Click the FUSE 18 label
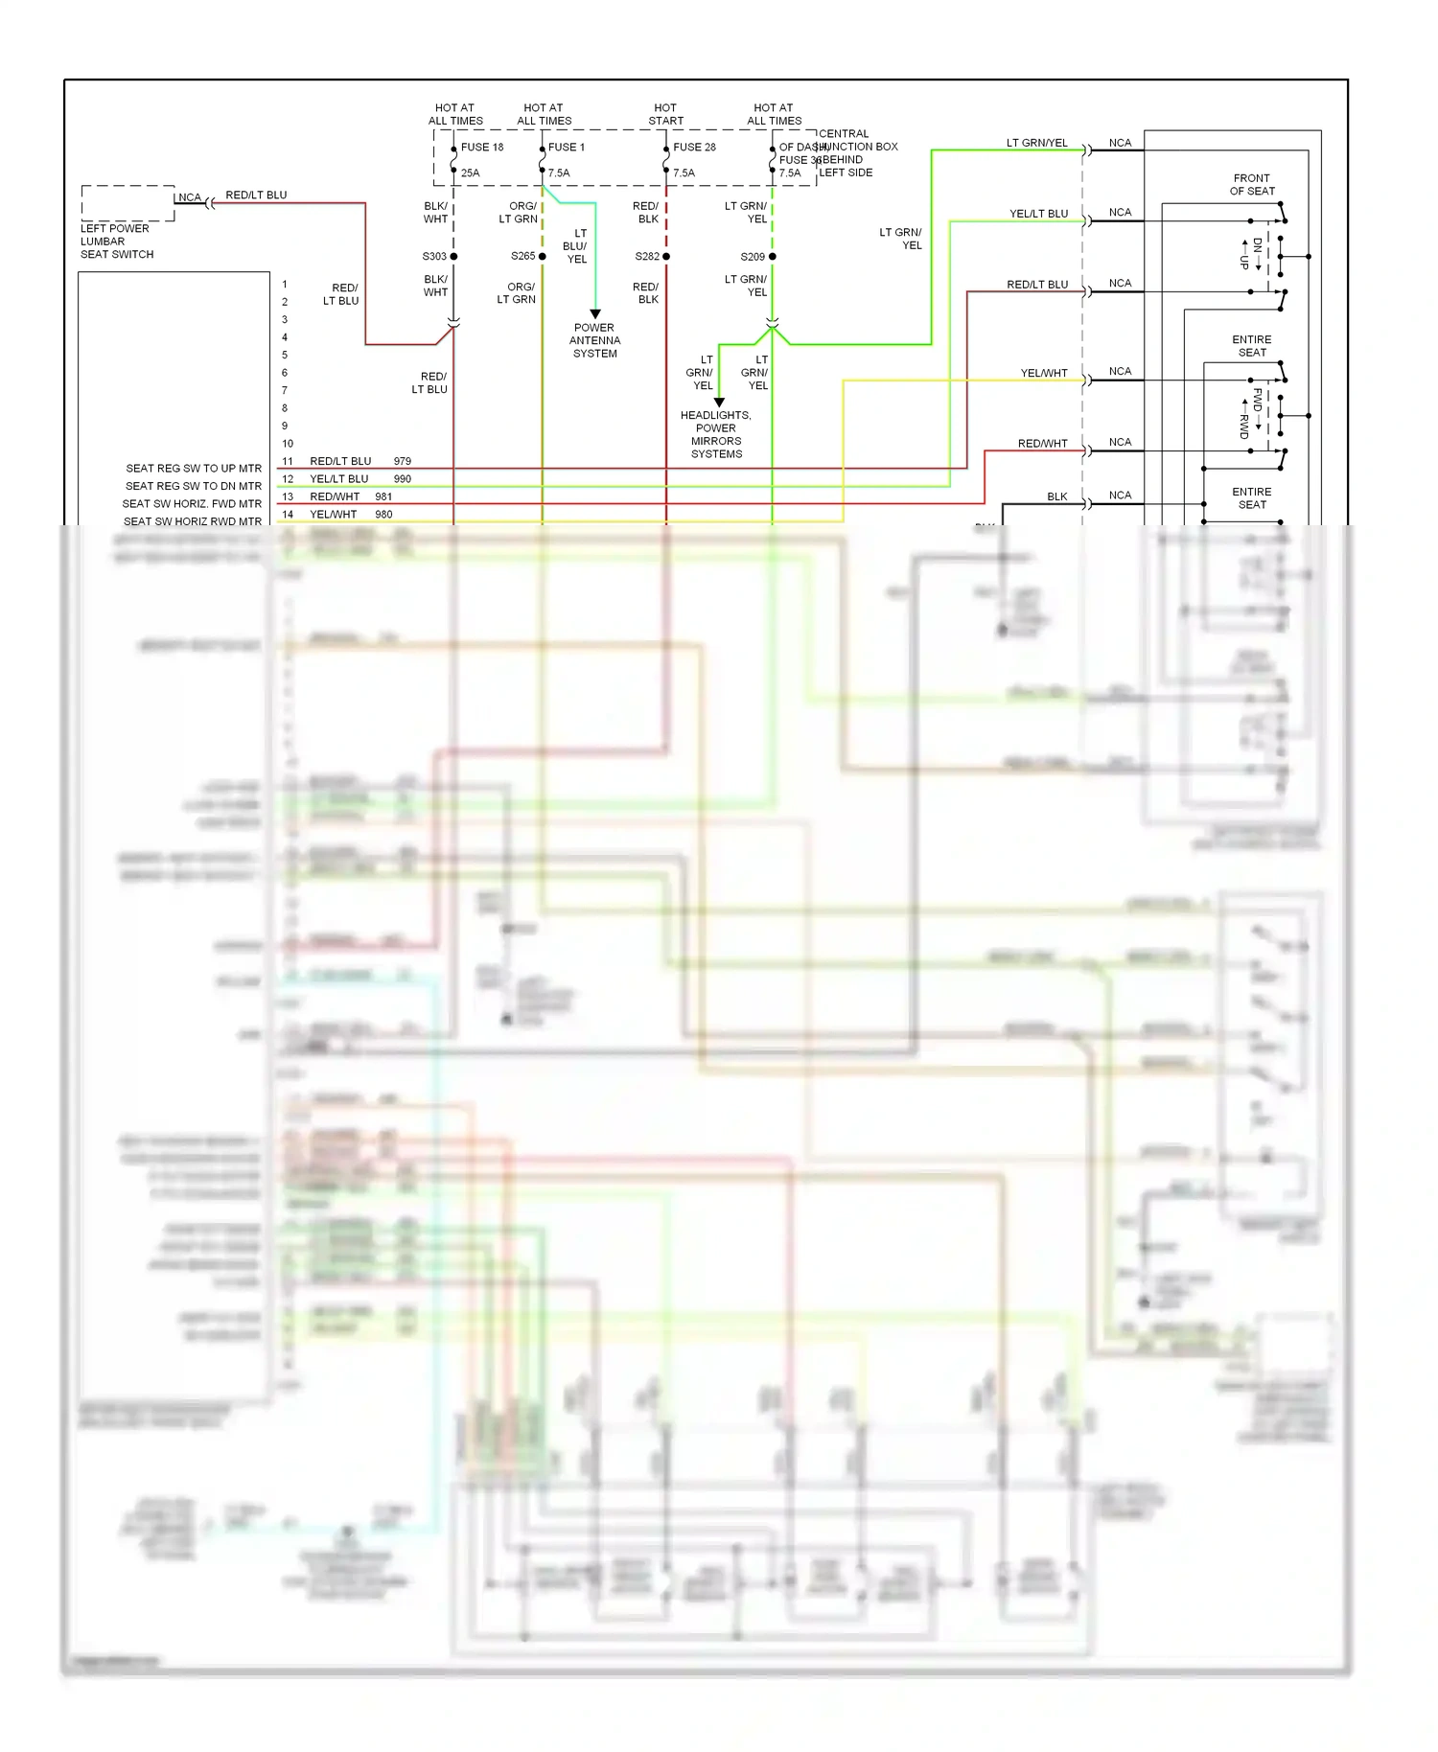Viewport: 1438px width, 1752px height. (481, 147)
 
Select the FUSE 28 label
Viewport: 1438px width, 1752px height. (694, 147)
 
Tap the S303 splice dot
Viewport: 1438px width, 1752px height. (453, 257)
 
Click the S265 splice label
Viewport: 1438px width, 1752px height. (522, 256)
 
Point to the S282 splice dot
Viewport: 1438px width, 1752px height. (666, 257)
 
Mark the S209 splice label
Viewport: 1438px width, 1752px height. (753, 257)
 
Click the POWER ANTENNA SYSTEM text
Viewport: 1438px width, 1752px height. (594, 340)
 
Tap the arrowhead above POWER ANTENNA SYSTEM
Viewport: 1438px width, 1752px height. (595, 314)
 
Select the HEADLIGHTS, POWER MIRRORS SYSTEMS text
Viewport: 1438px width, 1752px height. (716, 435)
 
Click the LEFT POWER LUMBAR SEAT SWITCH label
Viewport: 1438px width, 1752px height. (116, 242)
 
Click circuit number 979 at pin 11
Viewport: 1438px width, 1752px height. (402, 461)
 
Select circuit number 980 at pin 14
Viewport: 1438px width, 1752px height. (383, 515)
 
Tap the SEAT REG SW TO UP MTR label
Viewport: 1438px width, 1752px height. (194, 469)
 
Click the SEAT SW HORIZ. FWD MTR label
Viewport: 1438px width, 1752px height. (192, 504)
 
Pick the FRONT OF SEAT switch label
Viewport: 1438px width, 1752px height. (1252, 184)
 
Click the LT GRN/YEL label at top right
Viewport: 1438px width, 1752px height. (1036, 143)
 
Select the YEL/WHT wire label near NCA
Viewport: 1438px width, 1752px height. (1043, 373)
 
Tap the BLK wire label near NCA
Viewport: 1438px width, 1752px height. (1056, 496)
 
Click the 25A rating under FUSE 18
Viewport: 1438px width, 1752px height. (470, 173)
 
